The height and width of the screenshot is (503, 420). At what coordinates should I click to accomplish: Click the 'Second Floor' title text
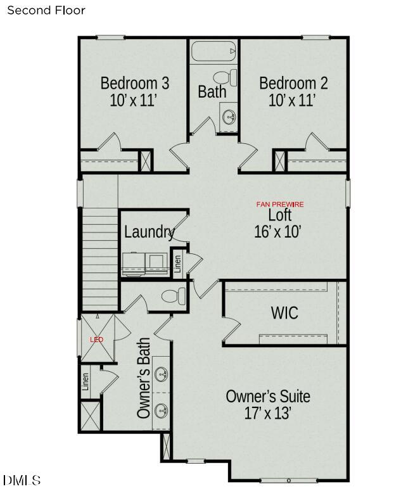point(46,10)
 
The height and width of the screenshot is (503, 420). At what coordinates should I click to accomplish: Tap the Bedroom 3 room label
point(134,83)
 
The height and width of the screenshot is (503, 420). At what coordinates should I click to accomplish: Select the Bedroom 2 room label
point(293,83)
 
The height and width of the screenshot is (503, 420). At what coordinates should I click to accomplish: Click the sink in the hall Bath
point(229,117)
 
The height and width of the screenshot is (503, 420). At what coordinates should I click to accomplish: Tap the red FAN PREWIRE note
point(279,204)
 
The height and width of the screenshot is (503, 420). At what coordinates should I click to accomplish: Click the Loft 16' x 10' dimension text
point(277,231)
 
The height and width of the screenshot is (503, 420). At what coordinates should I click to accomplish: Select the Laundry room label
point(149,232)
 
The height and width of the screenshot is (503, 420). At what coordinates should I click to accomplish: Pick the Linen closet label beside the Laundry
point(177,262)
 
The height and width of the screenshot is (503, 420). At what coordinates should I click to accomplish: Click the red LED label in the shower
point(96,340)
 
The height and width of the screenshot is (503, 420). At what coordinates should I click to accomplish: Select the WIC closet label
point(284,312)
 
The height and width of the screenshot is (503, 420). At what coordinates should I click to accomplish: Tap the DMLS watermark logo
point(22,480)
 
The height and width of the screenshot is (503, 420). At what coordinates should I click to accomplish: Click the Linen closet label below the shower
point(86,382)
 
